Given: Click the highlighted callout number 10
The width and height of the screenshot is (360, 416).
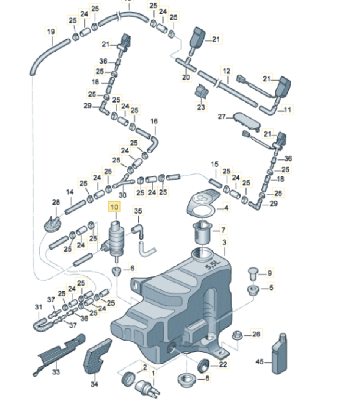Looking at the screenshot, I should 115,207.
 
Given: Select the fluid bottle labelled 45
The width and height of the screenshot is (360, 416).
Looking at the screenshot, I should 280,354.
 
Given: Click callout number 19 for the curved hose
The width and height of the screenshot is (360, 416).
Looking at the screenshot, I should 51,32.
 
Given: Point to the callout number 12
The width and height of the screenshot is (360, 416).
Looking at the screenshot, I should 226,71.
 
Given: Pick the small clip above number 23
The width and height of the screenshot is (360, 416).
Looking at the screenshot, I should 201,91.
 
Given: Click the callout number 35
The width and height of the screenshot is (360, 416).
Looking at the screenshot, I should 138,211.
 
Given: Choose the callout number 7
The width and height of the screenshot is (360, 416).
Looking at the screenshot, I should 223,230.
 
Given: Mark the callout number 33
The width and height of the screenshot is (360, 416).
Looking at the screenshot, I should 56,371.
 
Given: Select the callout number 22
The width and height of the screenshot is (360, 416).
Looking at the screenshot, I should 223,365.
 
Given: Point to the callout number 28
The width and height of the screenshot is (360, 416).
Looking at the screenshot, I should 56,202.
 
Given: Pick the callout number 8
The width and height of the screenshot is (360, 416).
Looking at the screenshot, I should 207,378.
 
